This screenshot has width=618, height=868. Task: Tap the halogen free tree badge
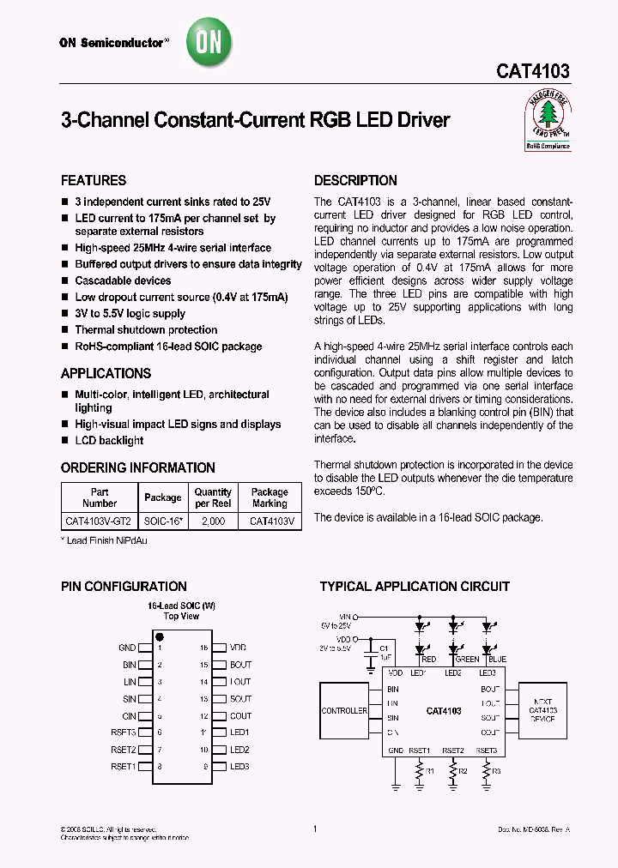click(x=547, y=122)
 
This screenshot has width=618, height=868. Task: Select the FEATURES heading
click(x=94, y=181)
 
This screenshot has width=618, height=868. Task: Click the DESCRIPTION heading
click(x=355, y=181)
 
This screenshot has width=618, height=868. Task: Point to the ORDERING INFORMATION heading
click(x=138, y=468)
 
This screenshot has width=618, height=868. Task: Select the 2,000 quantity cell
click(x=213, y=521)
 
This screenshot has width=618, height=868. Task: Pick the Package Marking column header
click(x=270, y=497)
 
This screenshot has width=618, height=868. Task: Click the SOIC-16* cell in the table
click(x=163, y=521)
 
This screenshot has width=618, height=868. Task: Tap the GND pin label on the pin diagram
click(x=127, y=648)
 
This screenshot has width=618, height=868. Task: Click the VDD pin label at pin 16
click(x=239, y=648)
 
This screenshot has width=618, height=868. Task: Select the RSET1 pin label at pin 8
click(x=124, y=766)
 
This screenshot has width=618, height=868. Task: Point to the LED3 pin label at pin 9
click(x=239, y=766)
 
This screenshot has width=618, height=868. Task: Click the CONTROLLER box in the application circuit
click(x=344, y=711)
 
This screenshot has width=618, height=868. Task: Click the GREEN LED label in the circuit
click(x=468, y=660)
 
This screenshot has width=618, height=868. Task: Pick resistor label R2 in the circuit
click(x=463, y=771)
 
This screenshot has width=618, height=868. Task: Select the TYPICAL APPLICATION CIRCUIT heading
click(x=415, y=588)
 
